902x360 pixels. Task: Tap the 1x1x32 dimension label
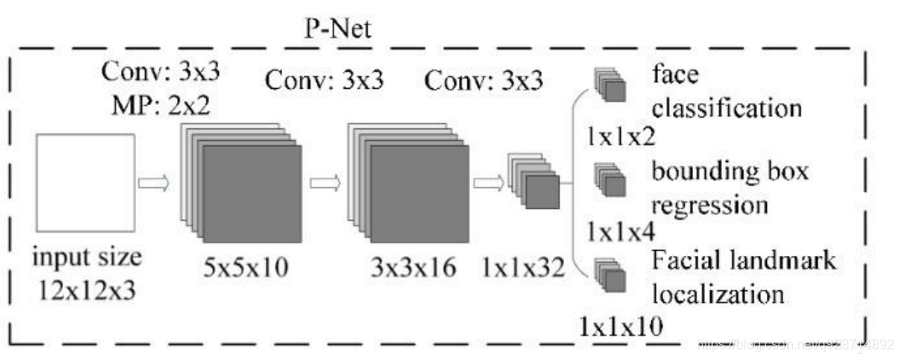524,268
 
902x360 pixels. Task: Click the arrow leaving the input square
154,181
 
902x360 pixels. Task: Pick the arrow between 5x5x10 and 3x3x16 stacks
324,181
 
